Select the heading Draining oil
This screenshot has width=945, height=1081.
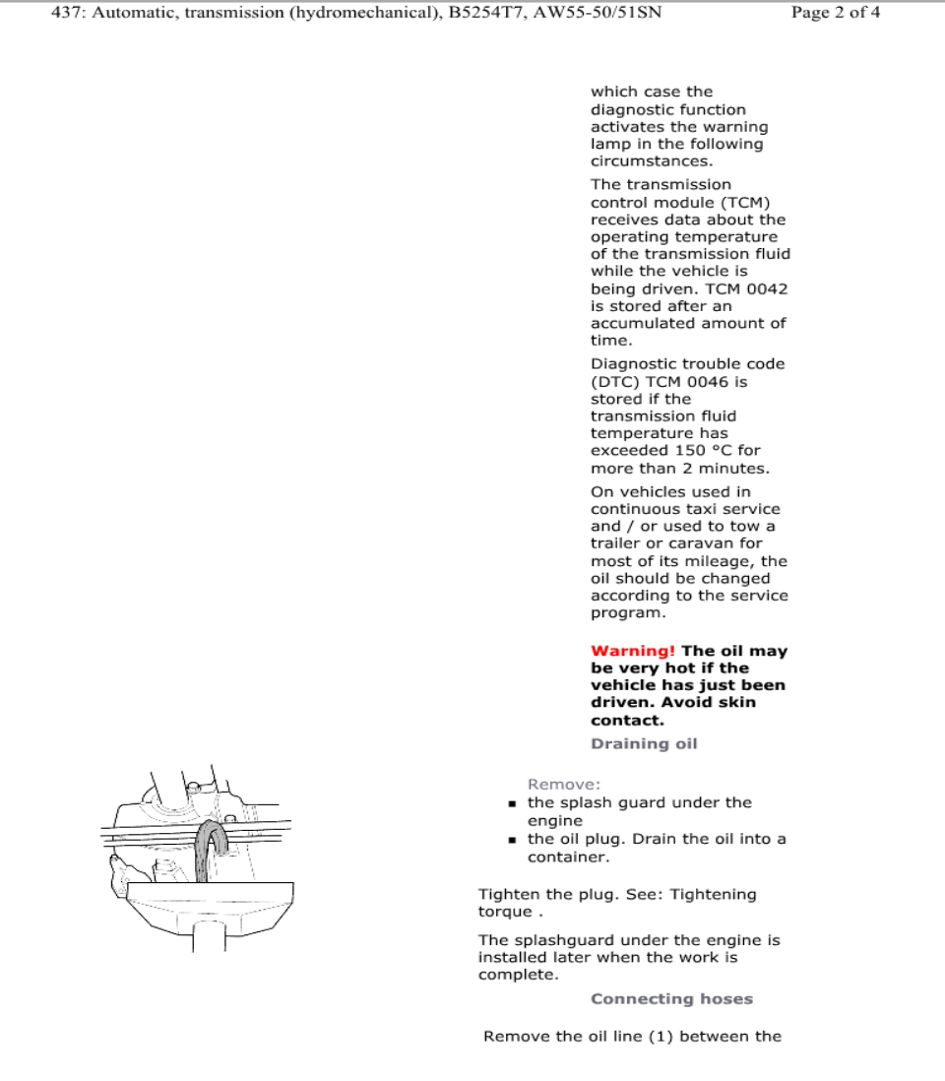[644, 743]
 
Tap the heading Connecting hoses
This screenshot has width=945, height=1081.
[671, 998]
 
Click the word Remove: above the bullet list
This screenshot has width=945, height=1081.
[564, 785]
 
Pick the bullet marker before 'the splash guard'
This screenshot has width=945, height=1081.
[514, 803]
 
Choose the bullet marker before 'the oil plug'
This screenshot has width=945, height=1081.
[514, 840]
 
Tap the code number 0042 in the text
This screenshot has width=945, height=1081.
[769, 288]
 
